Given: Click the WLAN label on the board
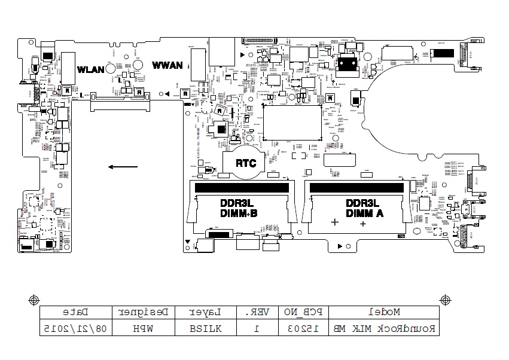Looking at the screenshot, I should click(91, 69).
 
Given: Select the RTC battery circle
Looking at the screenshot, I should click(245, 163).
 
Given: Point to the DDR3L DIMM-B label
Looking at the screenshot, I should click(239, 209).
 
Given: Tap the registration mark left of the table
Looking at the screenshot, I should click(34, 299).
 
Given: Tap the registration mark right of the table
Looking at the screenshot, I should click(445, 299).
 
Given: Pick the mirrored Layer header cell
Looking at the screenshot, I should click(206, 312).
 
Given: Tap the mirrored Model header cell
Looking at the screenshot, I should click(384, 312).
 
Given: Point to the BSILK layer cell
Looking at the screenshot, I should click(206, 328).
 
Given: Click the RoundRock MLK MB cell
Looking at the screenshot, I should click(384, 328).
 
